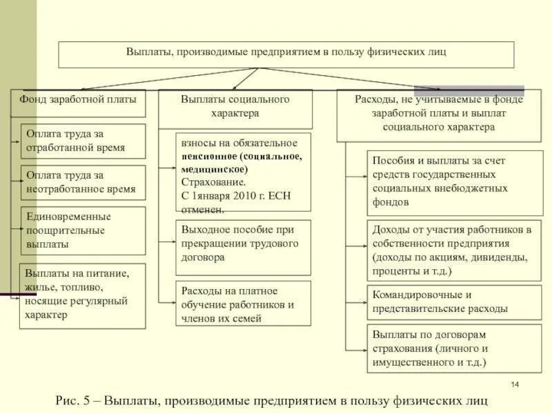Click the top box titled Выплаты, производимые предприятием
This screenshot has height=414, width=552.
286,54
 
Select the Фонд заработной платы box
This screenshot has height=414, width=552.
78,99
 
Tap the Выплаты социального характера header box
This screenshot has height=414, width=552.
235,108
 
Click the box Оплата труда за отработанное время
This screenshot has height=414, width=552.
83,141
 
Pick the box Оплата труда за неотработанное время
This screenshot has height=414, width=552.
83,182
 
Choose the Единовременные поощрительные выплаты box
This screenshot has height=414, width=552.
83,230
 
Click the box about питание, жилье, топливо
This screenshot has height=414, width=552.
83,295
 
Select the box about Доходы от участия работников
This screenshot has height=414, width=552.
454,250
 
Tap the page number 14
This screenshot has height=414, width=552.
515,384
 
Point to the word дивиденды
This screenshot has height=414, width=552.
501,257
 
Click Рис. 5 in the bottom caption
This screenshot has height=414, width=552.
72,400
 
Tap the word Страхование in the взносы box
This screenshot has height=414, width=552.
213,182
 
